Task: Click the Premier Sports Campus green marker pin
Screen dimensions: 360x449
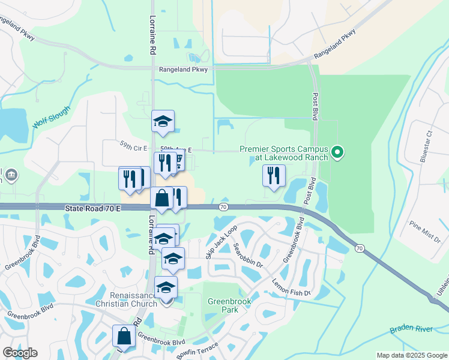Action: (337, 152)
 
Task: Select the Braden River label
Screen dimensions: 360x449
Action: (411, 329)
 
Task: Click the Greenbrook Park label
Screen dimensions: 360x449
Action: (223, 305)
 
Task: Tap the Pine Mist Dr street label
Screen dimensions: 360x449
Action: (424, 232)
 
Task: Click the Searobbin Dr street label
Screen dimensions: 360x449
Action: (249, 255)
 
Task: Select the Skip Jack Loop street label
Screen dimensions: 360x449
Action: (221, 242)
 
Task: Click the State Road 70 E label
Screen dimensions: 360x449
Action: (93, 208)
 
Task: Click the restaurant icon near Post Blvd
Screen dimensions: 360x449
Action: (274, 176)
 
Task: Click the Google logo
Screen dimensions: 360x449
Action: (20, 353)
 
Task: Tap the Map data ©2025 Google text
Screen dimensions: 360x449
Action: (411, 355)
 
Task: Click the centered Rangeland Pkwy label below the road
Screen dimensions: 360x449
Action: (183, 70)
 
